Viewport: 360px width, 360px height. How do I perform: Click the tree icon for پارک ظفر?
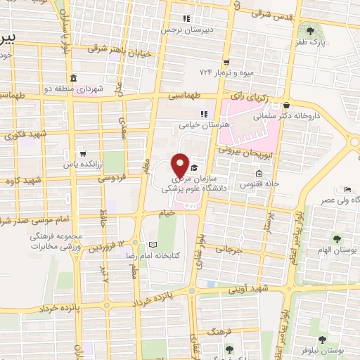tap(310, 30)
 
